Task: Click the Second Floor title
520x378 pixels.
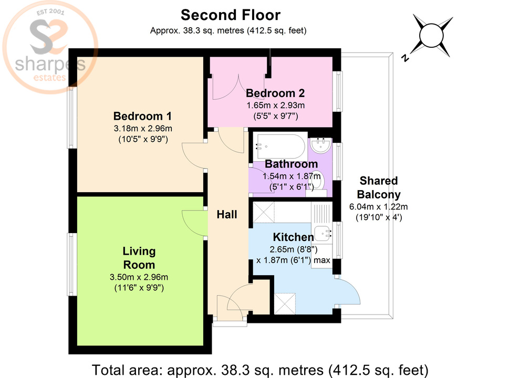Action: point(231,15)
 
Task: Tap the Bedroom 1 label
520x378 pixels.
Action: point(143,116)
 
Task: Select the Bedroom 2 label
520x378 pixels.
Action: point(275,93)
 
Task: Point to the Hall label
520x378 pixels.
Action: point(227,214)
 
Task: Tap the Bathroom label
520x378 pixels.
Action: point(290,164)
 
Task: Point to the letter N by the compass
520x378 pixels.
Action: point(404,58)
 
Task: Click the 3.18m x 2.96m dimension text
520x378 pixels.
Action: point(143,129)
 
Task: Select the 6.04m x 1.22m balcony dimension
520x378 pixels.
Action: point(378,206)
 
